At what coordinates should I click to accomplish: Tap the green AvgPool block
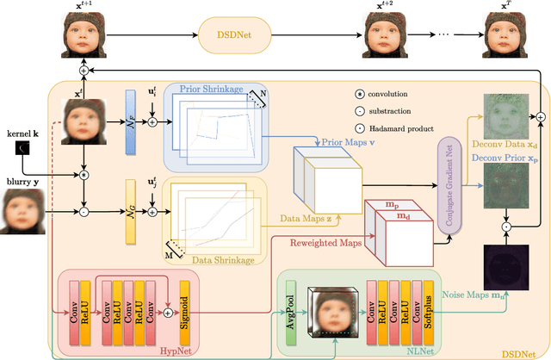click(290, 313)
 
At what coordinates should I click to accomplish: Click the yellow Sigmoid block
click(185, 309)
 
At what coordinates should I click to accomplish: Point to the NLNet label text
click(393, 350)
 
